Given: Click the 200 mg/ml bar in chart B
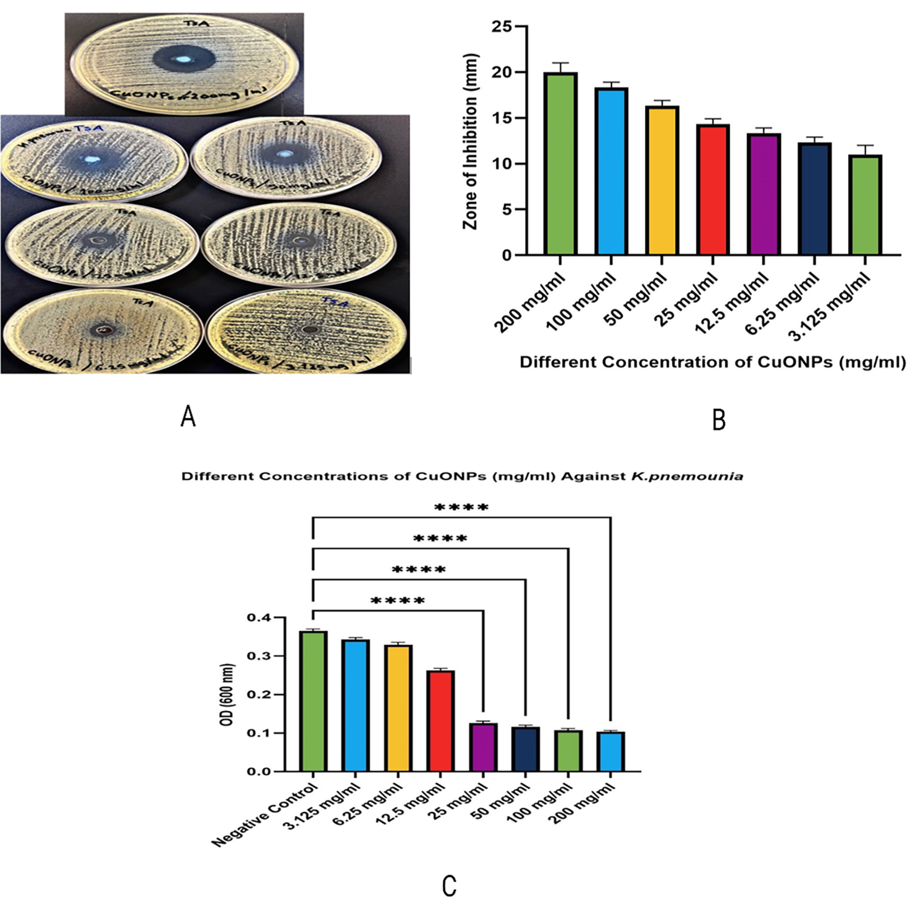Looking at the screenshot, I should [x=561, y=164].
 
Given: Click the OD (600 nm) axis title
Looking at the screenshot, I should [x=229, y=694].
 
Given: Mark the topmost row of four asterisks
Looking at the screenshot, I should [x=461, y=508].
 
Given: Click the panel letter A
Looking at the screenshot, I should [x=188, y=416].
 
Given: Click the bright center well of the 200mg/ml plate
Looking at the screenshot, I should [x=183, y=60].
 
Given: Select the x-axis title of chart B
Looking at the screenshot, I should [x=712, y=362].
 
